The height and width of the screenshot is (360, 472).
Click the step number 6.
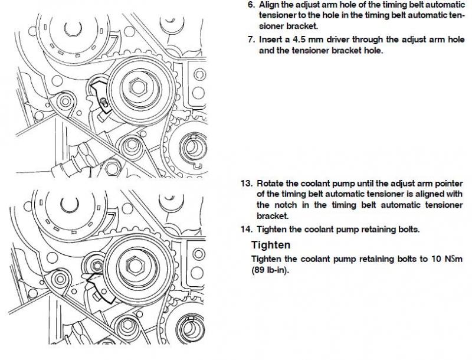tap(251, 5)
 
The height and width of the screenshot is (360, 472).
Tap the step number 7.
tap(251, 40)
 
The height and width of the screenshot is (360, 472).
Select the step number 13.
tap(247, 184)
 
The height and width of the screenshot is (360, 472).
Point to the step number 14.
tap(247, 230)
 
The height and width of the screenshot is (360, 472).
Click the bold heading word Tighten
tap(271, 245)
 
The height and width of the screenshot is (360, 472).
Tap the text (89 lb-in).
tap(270, 270)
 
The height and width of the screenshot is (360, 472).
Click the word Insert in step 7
tap(270, 40)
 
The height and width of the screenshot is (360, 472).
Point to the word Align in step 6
tap(269, 5)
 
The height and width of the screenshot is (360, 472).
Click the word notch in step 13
tap(286, 205)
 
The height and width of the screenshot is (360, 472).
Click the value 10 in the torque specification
tap(436, 259)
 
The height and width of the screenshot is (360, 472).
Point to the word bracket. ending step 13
tap(273, 216)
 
